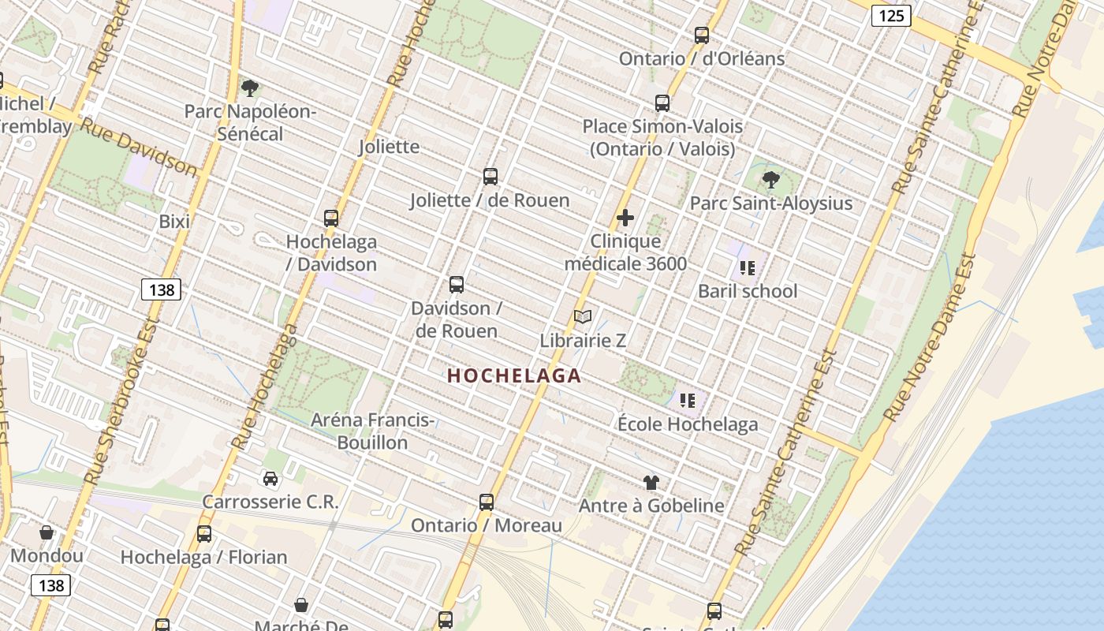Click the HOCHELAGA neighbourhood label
point(514,376)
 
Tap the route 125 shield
point(891,15)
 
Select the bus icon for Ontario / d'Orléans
point(701,35)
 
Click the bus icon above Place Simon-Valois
point(662,103)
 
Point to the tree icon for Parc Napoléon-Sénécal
point(250,88)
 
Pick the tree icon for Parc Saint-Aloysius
point(770,180)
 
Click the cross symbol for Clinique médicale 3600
point(625,218)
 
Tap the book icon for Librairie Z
point(583,317)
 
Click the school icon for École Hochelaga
point(687,401)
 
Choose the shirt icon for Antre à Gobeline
point(651,482)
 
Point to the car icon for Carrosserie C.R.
point(270,479)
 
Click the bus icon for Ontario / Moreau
point(487,502)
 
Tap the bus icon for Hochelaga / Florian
point(204,534)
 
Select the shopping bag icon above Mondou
point(47,532)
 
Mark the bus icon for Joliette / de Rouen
point(490,177)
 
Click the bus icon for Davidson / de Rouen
point(456,285)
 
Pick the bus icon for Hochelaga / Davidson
point(331,218)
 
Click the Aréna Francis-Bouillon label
point(371,431)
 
